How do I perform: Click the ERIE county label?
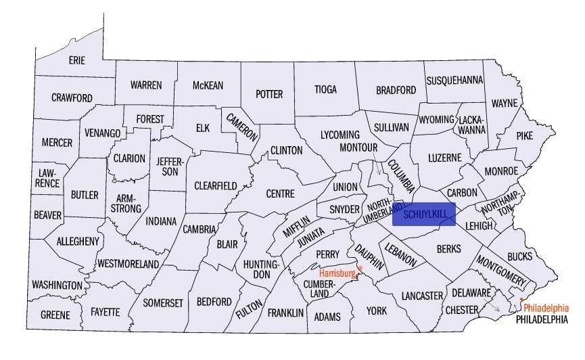click(77, 61)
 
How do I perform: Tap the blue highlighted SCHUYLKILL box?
click(424, 214)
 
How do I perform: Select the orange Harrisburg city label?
click(337, 273)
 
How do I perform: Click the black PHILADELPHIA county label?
click(542, 319)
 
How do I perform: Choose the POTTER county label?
click(269, 94)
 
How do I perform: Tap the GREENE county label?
click(55, 315)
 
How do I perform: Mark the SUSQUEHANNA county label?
click(454, 81)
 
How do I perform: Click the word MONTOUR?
click(358, 148)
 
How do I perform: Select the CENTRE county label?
click(280, 194)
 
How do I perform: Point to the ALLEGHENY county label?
click(78, 241)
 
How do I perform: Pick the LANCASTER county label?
click(421, 296)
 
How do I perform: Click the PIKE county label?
click(525, 136)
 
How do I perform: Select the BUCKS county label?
click(519, 256)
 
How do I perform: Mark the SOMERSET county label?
click(163, 303)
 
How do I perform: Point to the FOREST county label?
click(150, 119)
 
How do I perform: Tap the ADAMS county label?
click(328, 317)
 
